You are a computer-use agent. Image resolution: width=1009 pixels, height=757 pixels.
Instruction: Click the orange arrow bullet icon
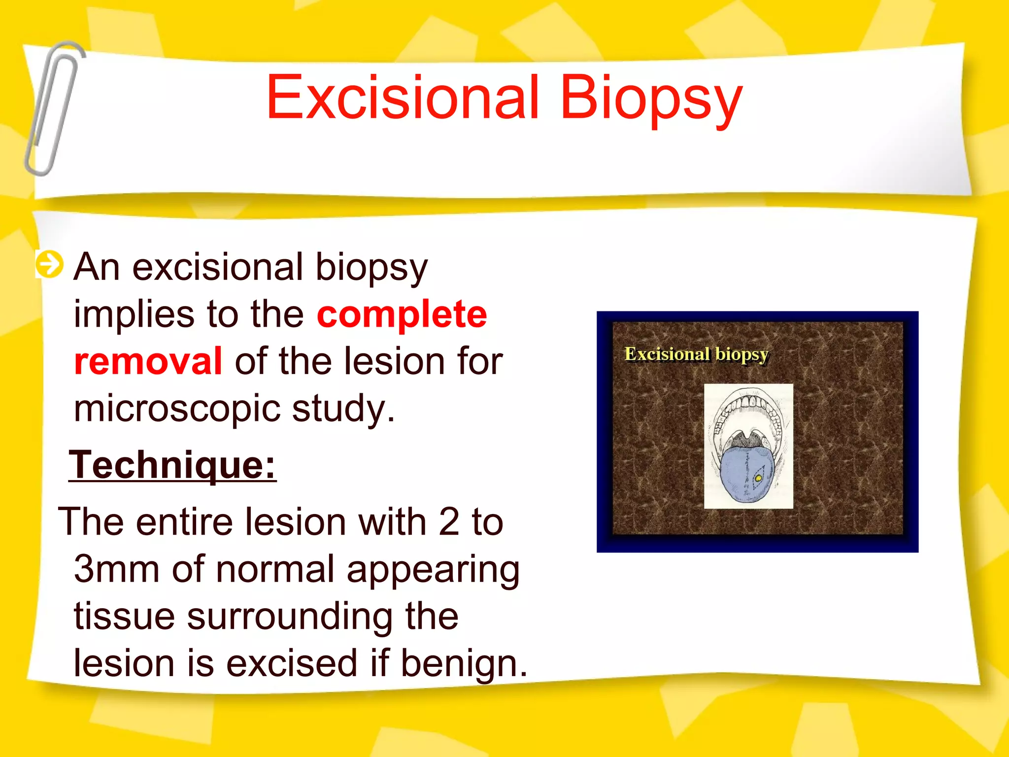[50, 265]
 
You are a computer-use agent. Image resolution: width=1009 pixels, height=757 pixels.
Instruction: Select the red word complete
[402, 315]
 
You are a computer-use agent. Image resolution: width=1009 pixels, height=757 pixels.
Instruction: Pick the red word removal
[148, 361]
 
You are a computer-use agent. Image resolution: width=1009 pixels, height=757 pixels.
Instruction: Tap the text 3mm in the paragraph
[116, 569]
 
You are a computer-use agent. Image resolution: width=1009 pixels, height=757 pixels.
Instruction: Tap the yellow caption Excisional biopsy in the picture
[696, 354]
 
